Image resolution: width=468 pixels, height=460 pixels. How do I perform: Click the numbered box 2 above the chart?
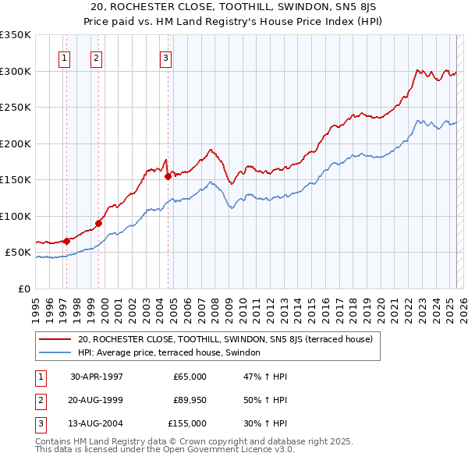point(95,56)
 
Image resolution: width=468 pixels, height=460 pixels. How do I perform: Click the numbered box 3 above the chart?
point(166,56)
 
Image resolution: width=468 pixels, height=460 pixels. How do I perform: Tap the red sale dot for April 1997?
point(67,241)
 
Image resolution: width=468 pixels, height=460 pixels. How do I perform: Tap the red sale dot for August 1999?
point(99,223)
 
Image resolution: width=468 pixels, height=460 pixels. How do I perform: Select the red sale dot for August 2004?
point(168,176)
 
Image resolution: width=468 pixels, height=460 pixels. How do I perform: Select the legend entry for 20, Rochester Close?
point(225,339)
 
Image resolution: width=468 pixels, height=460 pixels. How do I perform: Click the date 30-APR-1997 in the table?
point(97,377)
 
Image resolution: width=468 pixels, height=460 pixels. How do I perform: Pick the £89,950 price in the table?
point(190,400)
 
